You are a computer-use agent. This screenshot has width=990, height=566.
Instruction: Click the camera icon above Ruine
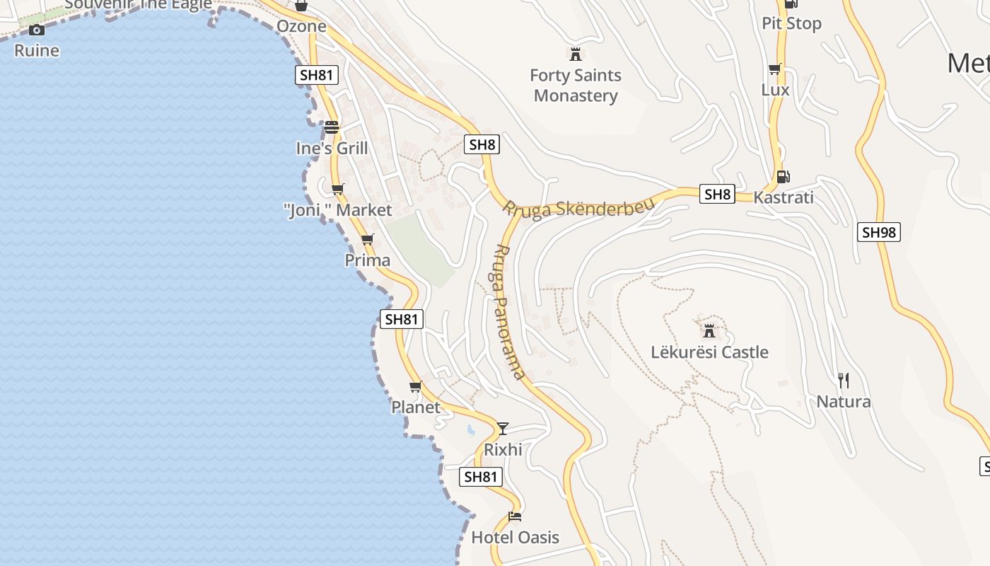37,30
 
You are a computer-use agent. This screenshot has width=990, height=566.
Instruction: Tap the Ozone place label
301,26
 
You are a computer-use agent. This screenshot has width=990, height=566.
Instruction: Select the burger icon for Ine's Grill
332,127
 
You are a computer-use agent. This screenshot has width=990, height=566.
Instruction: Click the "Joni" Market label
337,210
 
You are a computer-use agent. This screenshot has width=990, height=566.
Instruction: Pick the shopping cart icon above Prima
367,240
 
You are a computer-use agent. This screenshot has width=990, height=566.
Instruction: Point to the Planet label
416,408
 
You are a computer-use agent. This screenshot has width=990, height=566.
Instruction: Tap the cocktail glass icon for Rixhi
503,428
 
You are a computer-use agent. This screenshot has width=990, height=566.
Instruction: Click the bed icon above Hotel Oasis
515,516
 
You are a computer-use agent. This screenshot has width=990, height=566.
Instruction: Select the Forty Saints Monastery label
576,86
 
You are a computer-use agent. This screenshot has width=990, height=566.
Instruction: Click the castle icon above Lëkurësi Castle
709,330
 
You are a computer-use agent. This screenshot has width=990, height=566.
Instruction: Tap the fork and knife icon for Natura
843,381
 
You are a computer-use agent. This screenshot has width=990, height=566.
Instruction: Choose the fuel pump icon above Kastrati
783,177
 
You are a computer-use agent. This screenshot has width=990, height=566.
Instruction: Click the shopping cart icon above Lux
775,69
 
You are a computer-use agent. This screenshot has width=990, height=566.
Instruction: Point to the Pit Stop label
791,23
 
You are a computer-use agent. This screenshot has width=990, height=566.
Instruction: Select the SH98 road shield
878,232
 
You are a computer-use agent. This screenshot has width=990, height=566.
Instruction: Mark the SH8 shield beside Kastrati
717,194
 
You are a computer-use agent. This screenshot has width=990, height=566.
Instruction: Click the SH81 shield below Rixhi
482,477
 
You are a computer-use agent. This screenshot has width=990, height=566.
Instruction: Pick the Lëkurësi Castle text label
709,352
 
